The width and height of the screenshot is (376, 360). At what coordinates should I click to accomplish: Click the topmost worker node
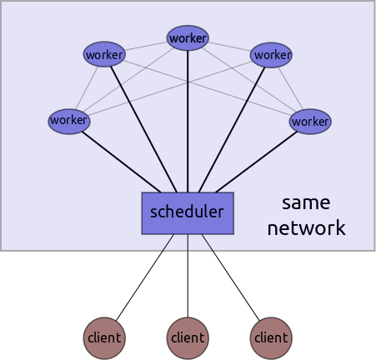coord(188,37)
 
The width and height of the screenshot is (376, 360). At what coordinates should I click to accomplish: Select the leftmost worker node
coord(69,121)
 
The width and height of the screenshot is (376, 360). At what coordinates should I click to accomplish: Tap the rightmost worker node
coord(310,121)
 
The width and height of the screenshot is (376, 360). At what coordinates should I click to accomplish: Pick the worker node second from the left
coord(104,55)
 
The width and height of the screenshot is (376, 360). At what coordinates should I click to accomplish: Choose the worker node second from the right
coord(271,55)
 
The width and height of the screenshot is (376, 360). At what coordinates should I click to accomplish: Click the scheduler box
coord(188,212)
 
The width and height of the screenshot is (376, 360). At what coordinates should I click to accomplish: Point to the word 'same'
coord(306,202)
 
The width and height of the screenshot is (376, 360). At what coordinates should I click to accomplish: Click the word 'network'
coord(306,228)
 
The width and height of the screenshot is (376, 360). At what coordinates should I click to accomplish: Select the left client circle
coord(104,337)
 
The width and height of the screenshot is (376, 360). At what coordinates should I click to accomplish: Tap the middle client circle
coord(188,337)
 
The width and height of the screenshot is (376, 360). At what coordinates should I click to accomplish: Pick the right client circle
coord(271,337)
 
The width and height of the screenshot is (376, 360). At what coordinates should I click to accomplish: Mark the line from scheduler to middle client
coord(188,275)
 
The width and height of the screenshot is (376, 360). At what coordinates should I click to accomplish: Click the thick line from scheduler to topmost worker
coord(188,117)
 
